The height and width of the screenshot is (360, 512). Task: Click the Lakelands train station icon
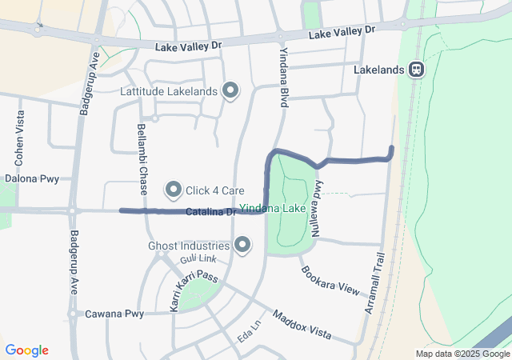417,70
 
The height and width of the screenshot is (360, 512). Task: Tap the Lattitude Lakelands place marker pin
231,90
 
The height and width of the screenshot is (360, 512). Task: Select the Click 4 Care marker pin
174,190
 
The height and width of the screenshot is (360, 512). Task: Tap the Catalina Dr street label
211,212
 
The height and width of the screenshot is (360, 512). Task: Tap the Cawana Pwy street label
114,314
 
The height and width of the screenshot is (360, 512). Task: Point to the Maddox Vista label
302,324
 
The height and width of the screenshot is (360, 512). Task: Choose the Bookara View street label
330,278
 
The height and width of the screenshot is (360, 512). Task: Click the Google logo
26,350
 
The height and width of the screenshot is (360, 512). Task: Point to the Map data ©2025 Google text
462,354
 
